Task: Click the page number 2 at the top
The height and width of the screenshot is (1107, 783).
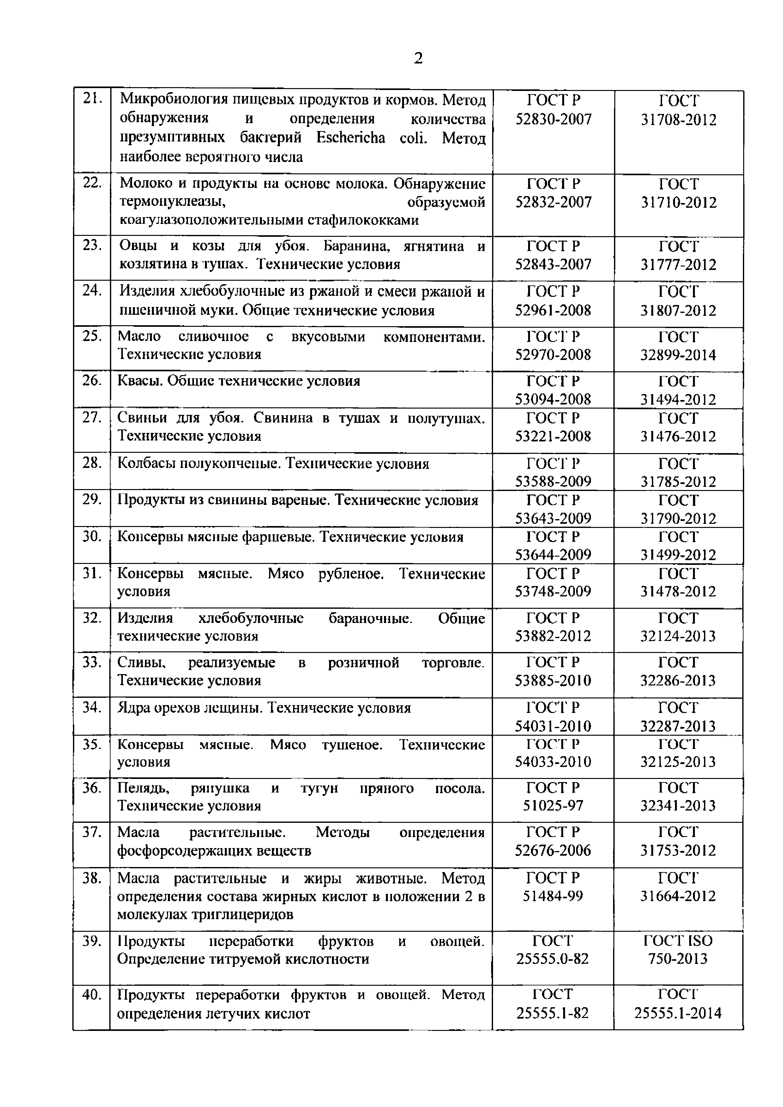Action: tap(418, 58)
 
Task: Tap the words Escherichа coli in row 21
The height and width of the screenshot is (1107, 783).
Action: tap(371, 138)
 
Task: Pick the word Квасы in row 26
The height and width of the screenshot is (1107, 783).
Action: tap(139, 381)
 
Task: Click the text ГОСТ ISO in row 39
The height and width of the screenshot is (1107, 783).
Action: tap(678, 941)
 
